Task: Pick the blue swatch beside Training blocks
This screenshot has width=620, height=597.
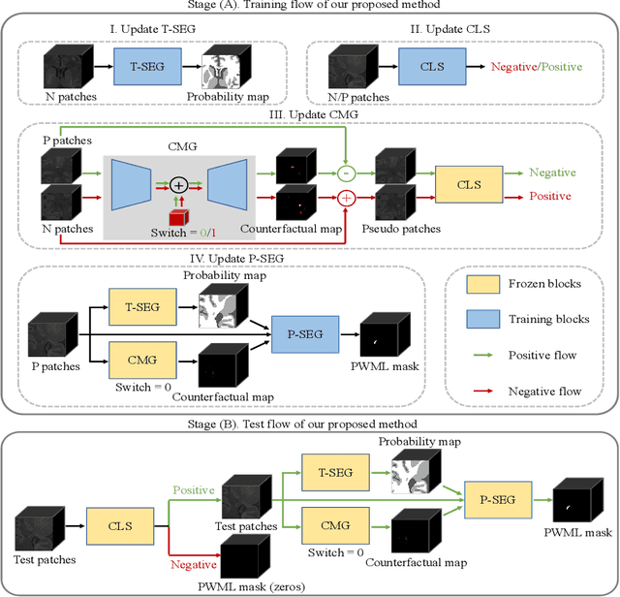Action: pos(470,318)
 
